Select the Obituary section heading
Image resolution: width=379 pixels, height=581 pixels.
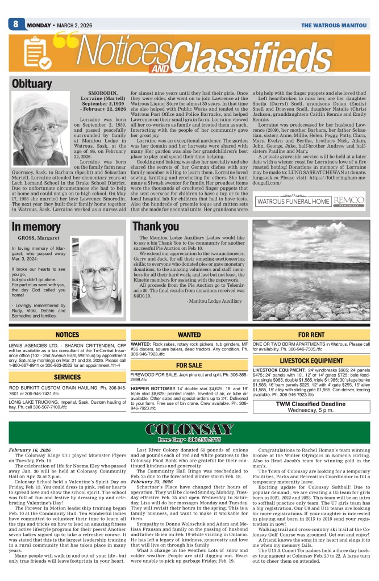point(32,84)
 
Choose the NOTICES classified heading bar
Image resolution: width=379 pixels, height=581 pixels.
point(68,335)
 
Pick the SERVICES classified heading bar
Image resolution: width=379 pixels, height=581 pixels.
point(68,377)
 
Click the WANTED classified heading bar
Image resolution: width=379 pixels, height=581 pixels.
point(189,335)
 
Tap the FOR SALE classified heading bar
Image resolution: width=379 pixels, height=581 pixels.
point(189,365)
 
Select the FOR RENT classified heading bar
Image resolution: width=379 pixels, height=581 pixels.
point(311,335)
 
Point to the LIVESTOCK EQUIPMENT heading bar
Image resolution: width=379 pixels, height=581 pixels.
point(311,361)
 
